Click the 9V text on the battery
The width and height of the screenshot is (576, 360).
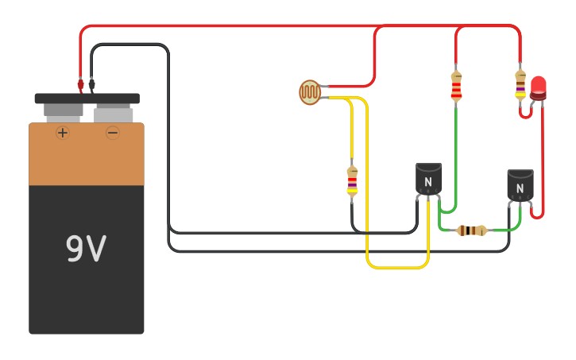86,249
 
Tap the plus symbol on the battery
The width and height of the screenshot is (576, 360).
63,133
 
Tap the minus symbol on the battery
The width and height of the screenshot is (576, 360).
113,133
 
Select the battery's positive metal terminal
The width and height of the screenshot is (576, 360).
63,111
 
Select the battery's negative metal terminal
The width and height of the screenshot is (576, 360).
113,113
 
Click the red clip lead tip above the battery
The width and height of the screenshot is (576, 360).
80,83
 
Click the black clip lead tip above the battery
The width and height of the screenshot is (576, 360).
91,83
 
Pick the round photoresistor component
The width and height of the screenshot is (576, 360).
310,92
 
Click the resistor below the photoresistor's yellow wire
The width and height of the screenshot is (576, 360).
352,181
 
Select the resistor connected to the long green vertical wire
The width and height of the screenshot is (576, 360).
456,86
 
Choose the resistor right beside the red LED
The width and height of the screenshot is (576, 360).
520,84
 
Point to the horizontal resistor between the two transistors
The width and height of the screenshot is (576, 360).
472,230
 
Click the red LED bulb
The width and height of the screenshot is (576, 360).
539,87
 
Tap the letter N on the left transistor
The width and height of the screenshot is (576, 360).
428,182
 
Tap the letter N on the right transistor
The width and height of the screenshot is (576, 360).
520,188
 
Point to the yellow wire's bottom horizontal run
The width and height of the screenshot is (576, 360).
397,268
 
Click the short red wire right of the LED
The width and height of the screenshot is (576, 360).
543,159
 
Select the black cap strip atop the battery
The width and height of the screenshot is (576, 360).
87,99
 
